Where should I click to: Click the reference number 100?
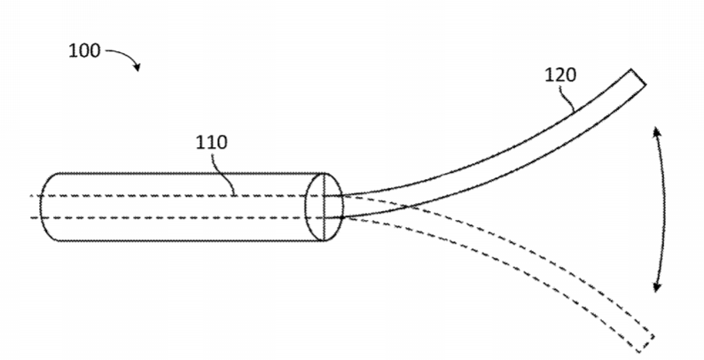click(84, 51)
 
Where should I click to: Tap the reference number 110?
click(212, 142)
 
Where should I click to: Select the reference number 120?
click(560, 75)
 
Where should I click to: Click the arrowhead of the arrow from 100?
click(137, 67)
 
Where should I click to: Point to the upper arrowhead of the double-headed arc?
click(656, 131)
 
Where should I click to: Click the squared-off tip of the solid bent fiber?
click(638, 77)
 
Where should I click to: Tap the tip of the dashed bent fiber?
click(646, 343)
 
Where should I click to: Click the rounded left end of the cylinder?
click(41, 207)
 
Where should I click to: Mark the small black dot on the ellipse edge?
click(342, 218)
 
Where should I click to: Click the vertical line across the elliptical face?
click(325, 207)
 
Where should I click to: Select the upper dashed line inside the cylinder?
click(177, 196)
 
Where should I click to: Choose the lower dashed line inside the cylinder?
click(177, 218)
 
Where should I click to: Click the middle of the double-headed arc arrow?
click(664, 209)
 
